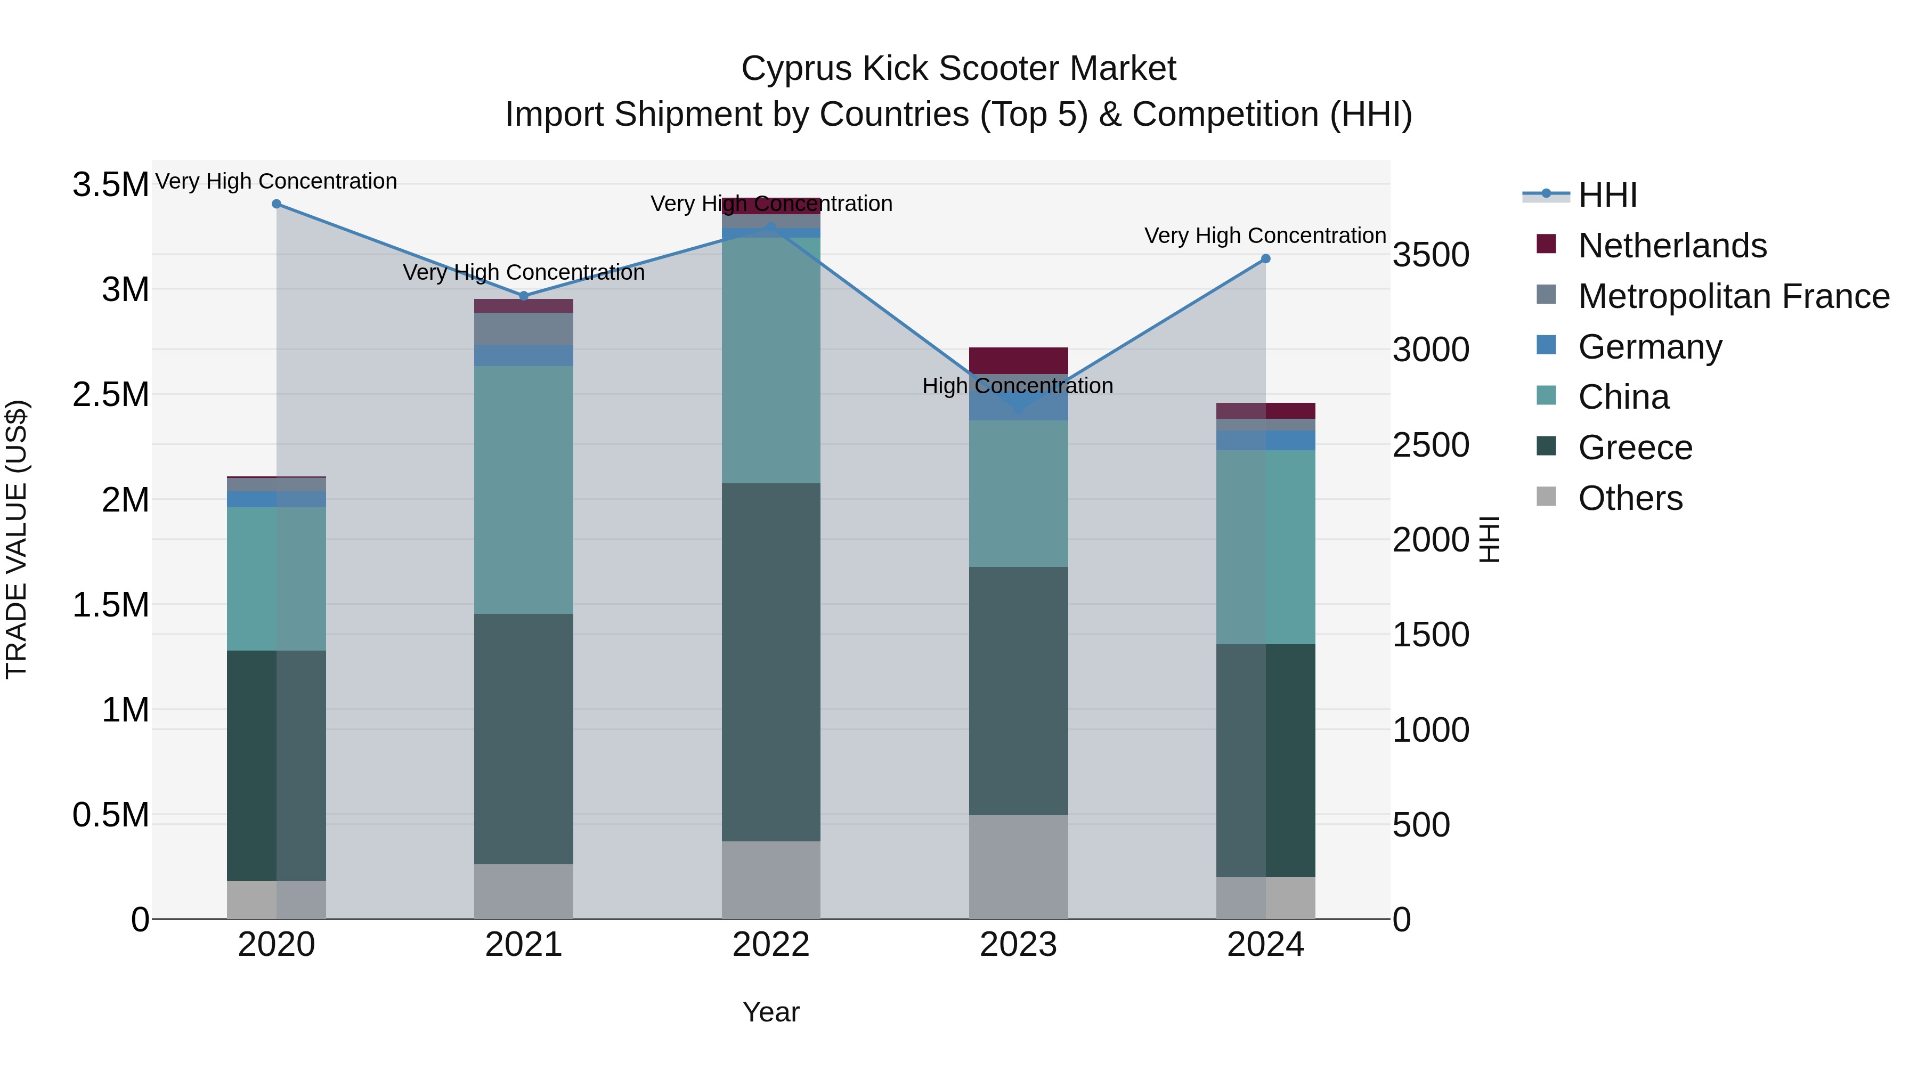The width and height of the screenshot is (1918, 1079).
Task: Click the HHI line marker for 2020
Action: tap(276, 204)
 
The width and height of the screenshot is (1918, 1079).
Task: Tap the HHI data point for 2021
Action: tap(523, 296)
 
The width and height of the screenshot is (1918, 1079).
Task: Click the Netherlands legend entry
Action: tap(1671, 246)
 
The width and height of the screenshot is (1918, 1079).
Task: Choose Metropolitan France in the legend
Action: tap(1733, 296)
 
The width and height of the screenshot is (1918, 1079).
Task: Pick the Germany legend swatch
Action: tap(1547, 345)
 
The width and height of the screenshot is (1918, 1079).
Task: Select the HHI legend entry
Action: tap(1607, 195)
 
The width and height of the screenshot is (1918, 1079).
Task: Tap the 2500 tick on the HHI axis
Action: tap(1431, 445)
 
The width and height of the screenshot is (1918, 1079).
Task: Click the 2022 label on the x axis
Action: tap(770, 945)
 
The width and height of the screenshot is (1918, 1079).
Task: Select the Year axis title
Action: tap(770, 1012)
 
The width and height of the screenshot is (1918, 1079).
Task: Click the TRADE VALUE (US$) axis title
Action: tap(17, 539)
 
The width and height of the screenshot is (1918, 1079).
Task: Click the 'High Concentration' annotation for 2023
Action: tap(1017, 386)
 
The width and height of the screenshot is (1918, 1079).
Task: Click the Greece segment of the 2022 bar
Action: tap(770, 662)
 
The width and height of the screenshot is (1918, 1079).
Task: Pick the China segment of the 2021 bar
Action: tap(523, 489)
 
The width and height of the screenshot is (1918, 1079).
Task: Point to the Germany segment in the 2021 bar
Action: tap(523, 355)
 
